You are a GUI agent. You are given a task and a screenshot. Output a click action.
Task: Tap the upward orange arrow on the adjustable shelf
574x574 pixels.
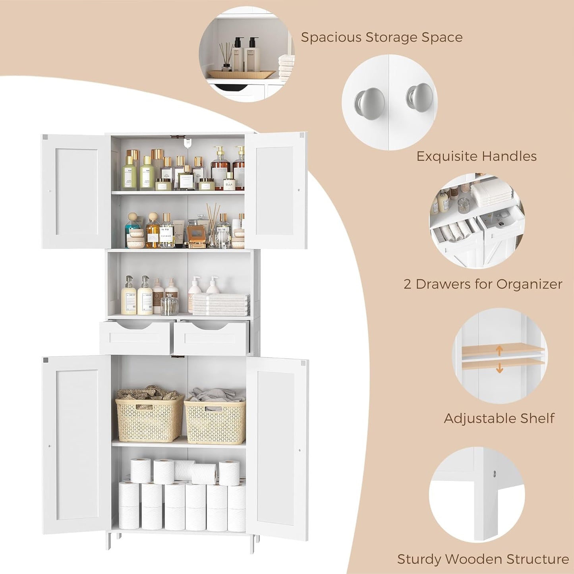[500, 351]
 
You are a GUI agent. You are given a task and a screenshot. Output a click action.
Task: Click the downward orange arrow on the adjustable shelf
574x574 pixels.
[500, 368]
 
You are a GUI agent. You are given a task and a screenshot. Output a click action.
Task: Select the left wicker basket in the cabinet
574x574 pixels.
[149, 419]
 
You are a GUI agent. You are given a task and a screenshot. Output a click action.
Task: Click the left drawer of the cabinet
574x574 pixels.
[135, 338]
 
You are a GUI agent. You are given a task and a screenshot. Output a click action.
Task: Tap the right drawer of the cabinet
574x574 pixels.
[211, 338]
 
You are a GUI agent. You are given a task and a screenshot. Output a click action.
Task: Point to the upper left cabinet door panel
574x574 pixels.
[76, 191]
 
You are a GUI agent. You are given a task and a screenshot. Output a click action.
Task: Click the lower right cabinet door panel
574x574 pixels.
[276, 449]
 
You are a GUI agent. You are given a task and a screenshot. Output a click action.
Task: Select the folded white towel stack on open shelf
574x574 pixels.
[220, 305]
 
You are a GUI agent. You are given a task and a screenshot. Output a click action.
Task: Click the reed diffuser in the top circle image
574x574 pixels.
[226, 58]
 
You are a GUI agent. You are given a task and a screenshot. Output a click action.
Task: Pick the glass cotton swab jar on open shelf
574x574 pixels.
[170, 305]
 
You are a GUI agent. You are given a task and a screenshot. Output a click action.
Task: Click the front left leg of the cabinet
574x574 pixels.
[108, 541]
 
